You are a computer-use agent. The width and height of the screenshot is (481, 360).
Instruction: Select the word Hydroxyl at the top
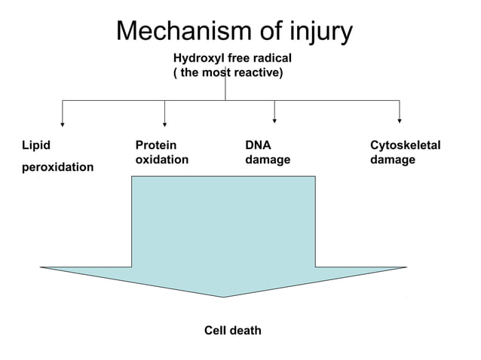tap(196, 58)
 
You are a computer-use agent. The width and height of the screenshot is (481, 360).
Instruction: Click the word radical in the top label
tap(271, 58)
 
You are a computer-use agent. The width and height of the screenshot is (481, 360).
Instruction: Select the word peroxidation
tap(57, 166)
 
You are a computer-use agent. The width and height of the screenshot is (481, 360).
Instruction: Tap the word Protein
tap(156, 145)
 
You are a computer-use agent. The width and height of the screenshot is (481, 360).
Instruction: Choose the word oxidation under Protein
tap(161, 160)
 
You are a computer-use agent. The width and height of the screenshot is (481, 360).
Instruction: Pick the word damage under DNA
tap(267, 160)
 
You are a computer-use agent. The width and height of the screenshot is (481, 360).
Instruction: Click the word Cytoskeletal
tap(405, 145)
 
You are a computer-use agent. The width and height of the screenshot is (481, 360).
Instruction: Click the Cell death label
tap(233, 331)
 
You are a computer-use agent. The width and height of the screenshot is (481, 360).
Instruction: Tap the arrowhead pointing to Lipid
tap(63, 123)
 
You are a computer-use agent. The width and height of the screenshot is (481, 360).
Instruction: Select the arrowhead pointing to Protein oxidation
tap(165, 123)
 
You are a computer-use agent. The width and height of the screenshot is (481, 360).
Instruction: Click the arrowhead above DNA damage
tap(274, 120)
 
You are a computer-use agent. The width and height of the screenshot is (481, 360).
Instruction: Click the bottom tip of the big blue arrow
tap(223, 296)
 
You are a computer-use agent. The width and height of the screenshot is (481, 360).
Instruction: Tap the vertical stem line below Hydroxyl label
tap(225, 90)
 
